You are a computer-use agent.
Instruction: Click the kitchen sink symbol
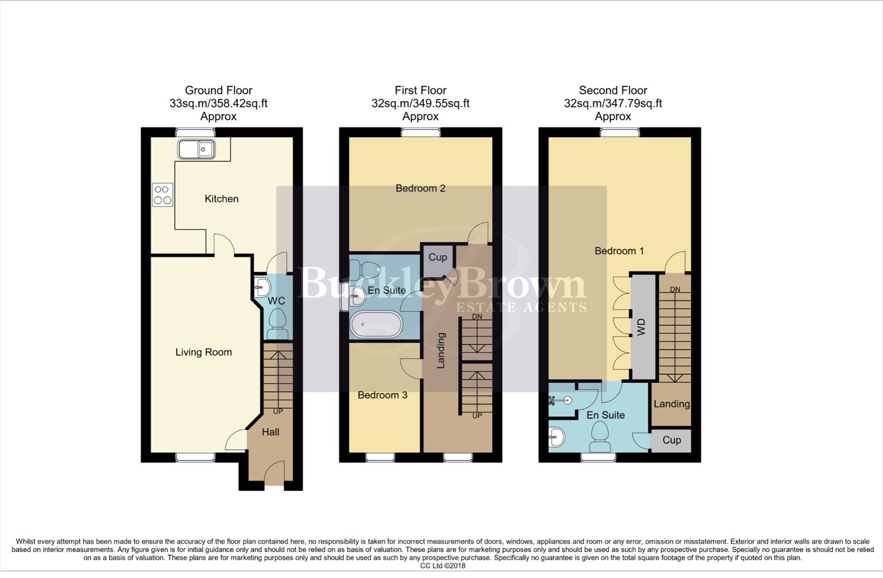(197, 149)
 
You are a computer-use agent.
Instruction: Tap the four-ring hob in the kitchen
(163, 195)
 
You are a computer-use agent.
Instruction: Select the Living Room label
(203, 352)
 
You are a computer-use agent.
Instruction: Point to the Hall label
(270, 432)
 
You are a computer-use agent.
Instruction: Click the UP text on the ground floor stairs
(278, 412)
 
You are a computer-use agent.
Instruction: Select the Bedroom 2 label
(420, 188)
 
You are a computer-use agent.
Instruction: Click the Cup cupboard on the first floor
(437, 257)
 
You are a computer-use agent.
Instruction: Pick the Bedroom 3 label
(382, 395)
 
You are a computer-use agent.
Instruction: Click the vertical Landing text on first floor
(441, 351)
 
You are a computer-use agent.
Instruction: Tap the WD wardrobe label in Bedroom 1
(642, 327)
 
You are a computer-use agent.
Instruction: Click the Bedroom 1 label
(619, 251)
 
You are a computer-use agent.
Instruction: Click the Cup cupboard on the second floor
(671, 440)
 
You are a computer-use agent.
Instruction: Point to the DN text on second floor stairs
(675, 290)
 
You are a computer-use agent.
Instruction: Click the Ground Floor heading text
(218, 90)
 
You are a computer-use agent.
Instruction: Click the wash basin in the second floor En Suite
(556, 437)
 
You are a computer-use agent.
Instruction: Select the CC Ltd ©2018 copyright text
(443, 566)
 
